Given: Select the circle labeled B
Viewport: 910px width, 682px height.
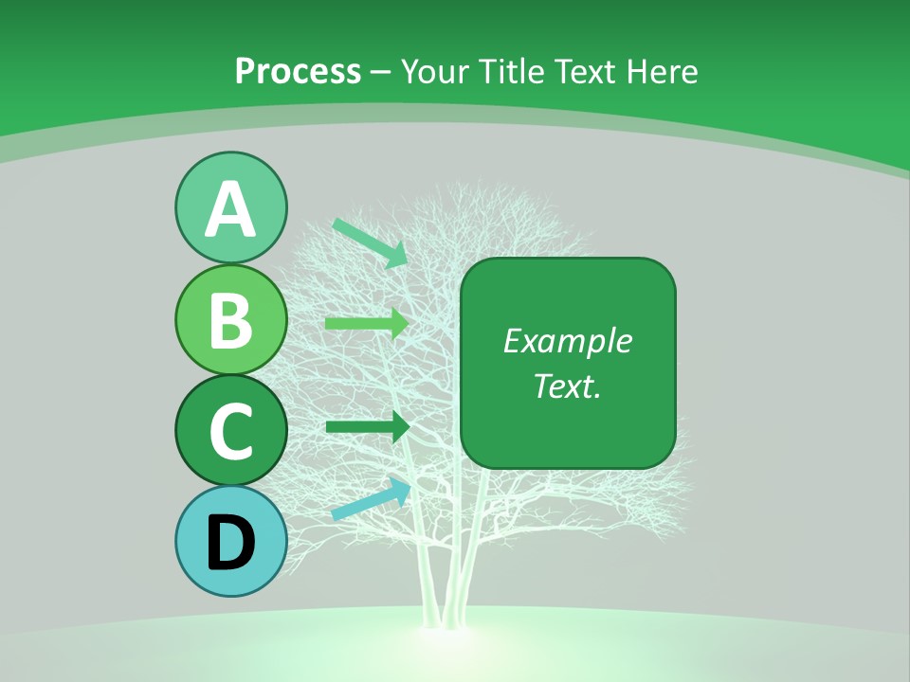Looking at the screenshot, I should pos(230,319).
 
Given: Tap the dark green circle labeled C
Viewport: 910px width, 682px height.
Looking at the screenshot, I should pos(230,430).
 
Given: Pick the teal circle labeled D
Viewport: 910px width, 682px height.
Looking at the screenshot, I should pos(230,541).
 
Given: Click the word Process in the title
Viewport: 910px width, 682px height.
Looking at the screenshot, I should pos(298,71).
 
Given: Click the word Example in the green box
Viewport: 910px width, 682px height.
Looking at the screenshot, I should pos(567,341).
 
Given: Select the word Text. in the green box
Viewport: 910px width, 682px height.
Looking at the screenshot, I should pos(567,386).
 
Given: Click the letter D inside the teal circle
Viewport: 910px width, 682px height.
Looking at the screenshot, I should pos(230,543).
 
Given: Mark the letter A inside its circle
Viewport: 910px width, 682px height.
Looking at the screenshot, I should pos(230,209).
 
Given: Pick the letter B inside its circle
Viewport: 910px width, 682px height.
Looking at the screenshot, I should pos(230,320).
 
